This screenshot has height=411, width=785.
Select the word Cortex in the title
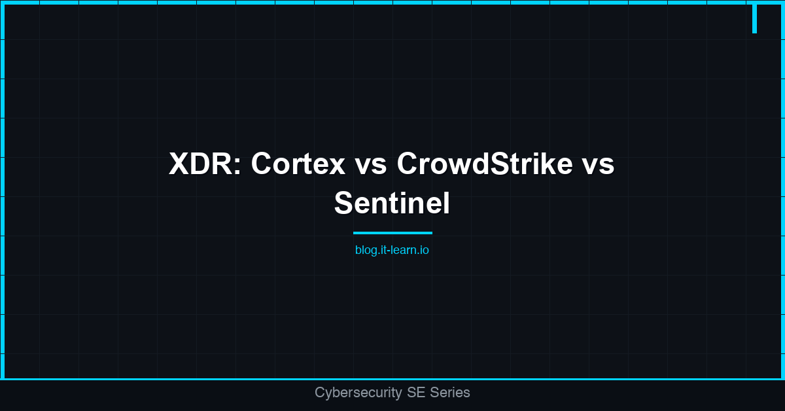298,164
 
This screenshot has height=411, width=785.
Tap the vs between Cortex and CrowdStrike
371,164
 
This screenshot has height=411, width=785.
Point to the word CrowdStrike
484,164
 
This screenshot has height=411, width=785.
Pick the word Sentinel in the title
392,203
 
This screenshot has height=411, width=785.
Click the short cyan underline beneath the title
392,232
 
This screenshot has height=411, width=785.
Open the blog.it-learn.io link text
392,250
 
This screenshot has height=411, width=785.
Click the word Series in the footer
449,393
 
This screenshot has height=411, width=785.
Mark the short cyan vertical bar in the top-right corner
754,18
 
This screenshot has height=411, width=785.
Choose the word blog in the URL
366,250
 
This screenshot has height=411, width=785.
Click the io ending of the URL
424,250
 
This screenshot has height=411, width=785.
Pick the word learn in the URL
403,250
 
